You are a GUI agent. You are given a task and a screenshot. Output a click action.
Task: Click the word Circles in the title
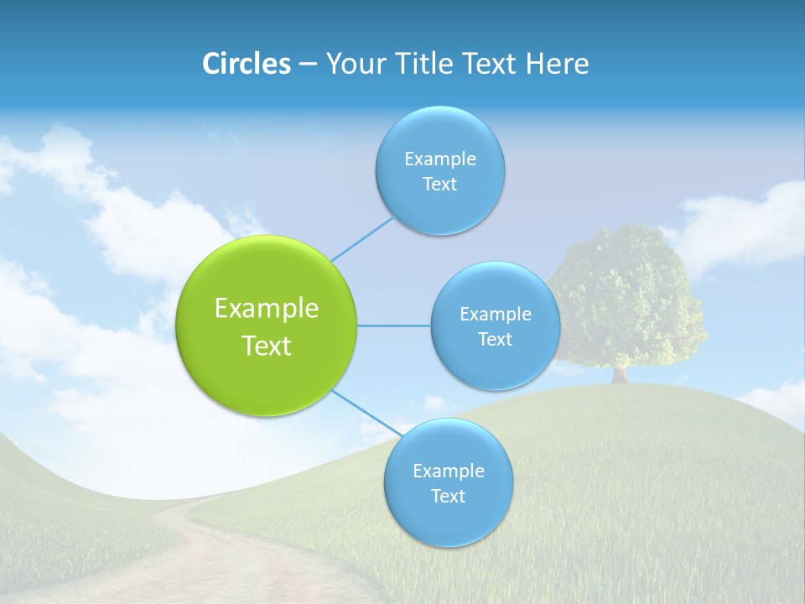pyautogui.click(x=247, y=64)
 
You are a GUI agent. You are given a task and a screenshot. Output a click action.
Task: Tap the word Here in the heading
pyautogui.click(x=557, y=64)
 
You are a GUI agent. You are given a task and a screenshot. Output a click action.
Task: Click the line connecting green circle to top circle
pyautogui.click(x=362, y=238)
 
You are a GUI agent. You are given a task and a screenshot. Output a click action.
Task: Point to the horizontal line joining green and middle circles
pyautogui.click(x=394, y=325)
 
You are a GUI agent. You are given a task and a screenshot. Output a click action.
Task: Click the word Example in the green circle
pyautogui.click(x=267, y=309)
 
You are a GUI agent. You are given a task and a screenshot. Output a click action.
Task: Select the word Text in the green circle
pyautogui.click(x=267, y=346)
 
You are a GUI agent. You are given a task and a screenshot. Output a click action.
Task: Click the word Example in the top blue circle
pyautogui.click(x=439, y=159)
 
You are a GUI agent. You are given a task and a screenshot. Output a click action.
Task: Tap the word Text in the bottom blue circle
pyautogui.click(x=448, y=497)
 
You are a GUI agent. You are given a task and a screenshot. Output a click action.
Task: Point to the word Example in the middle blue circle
pyautogui.click(x=495, y=315)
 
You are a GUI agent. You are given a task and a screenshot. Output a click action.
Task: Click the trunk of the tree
pyautogui.click(x=620, y=373)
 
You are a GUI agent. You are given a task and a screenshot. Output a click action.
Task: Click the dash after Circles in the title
pyautogui.click(x=307, y=64)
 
